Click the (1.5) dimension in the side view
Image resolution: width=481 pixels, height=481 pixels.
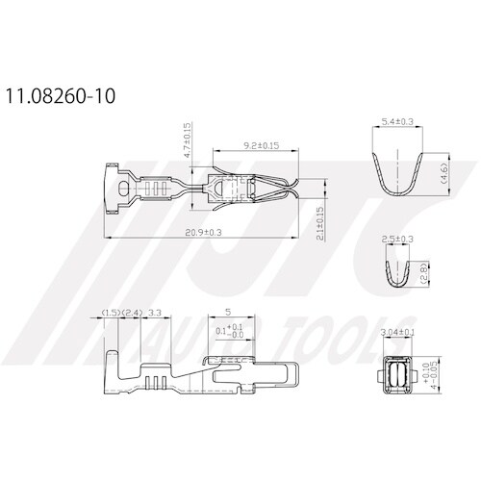(x=111, y=314)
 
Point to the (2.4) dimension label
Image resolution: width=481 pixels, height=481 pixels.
(x=133, y=314)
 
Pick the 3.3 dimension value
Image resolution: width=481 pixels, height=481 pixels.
(x=156, y=314)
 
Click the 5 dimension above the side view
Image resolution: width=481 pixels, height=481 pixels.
(x=226, y=313)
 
